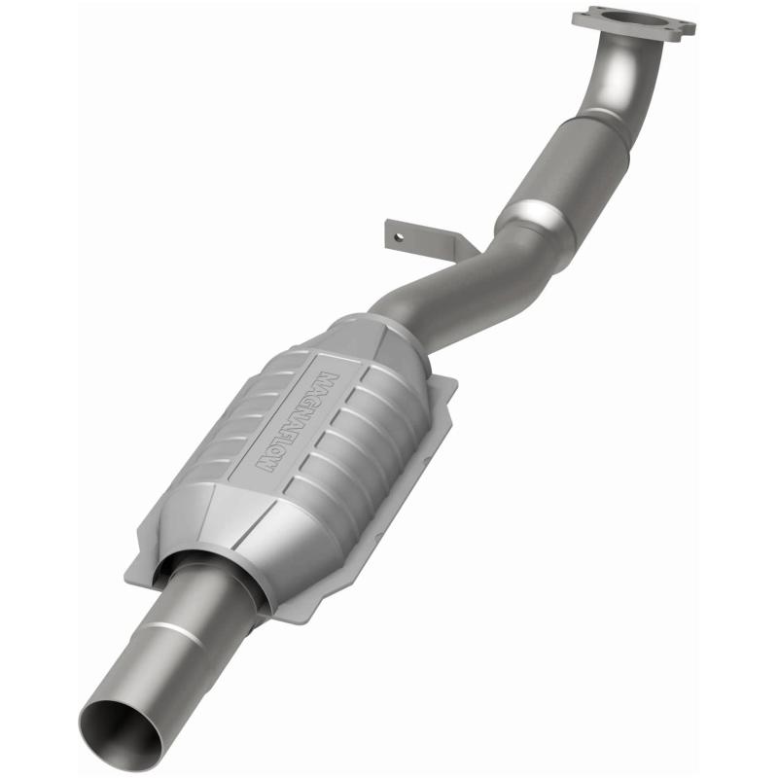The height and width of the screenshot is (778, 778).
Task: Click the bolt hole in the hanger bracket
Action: pyautogui.click(x=396, y=233)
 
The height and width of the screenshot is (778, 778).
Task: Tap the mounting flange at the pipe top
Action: pyautogui.click(x=633, y=21)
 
